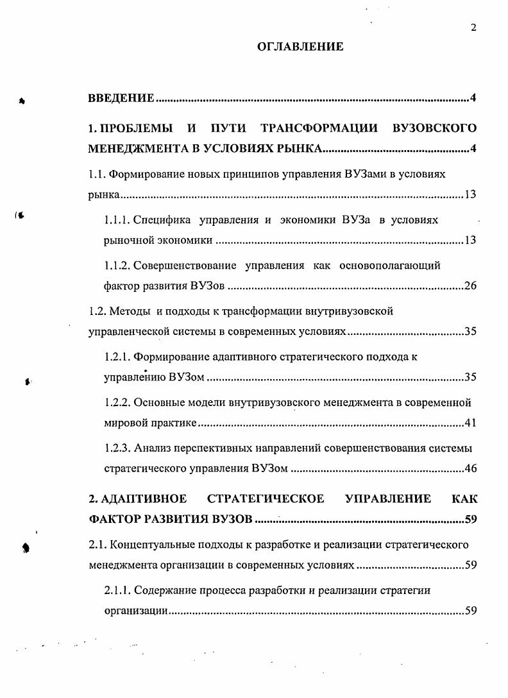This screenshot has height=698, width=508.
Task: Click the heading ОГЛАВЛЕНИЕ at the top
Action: click(300, 46)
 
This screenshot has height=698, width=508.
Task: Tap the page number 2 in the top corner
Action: click(473, 27)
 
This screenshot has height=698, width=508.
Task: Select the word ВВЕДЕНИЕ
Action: click(121, 98)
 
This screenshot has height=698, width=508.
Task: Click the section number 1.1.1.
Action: click(117, 220)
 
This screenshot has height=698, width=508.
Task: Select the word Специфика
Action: click(163, 220)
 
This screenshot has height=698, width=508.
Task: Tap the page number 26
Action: click(470, 286)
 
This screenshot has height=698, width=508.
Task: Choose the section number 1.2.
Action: click(96, 312)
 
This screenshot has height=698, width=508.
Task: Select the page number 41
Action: click(470, 424)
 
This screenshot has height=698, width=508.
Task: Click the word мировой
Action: click(122, 424)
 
